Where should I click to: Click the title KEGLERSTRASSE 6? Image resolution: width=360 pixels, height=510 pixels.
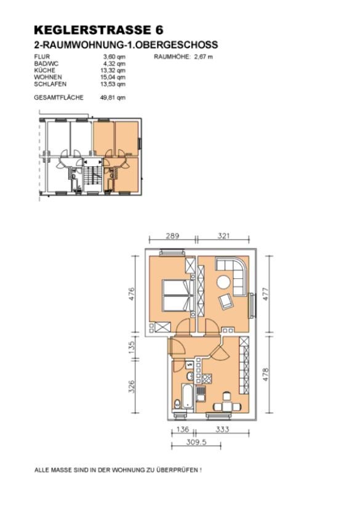point(98,30)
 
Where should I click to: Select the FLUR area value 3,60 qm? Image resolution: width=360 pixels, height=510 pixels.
point(114,57)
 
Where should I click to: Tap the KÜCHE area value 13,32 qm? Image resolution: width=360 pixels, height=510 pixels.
point(113,71)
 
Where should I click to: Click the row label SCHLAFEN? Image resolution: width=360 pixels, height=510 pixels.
point(50,84)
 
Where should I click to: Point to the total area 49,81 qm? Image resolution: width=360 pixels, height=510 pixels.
point(113,97)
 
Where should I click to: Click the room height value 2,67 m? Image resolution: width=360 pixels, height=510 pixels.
point(204,57)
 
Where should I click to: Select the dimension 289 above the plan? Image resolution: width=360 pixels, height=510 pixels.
point(172,236)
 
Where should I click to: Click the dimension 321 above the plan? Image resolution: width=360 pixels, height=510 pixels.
point(224,236)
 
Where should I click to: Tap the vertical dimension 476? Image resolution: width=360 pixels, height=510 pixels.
point(131,294)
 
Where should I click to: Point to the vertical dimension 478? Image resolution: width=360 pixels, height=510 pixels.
point(266,374)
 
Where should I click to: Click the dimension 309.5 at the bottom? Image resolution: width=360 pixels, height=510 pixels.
point(196,442)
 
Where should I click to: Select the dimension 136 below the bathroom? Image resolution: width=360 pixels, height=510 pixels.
point(183,429)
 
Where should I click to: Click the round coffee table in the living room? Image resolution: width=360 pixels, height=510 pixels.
point(223,281)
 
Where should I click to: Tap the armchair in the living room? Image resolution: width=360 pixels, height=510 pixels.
point(225,301)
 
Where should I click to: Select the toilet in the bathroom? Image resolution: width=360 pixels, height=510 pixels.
point(177,404)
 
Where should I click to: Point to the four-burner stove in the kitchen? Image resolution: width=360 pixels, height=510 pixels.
point(207,379)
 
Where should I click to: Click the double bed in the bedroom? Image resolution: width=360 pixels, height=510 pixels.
point(178,295)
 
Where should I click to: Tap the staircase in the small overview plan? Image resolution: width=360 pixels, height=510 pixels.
point(93,177)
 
